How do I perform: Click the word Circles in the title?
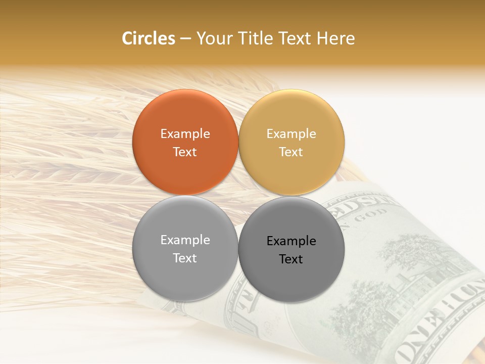(x=149, y=38)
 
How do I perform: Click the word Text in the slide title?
(x=295, y=38)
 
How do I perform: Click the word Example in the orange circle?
(x=185, y=133)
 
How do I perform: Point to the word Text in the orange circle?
(x=185, y=152)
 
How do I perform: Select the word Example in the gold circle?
(x=292, y=133)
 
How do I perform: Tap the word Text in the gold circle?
(x=292, y=152)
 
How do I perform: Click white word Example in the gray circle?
(x=185, y=240)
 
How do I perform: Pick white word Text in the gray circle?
(x=185, y=258)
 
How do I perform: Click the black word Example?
(x=292, y=241)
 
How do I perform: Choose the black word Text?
(x=292, y=259)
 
